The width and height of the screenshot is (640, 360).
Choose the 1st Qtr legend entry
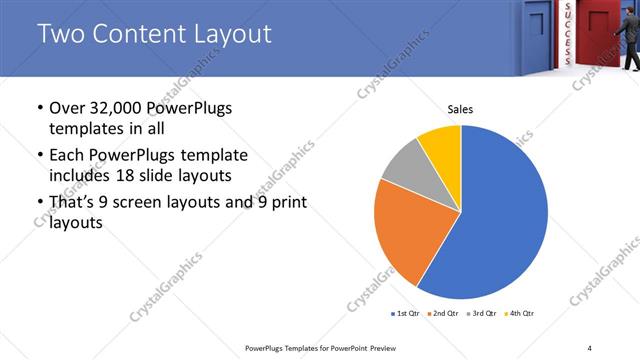[x=405, y=314]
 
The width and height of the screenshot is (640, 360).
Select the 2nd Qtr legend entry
[x=443, y=314]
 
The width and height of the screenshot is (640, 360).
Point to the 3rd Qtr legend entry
[x=482, y=314]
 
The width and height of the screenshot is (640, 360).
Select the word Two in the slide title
[x=58, y=35]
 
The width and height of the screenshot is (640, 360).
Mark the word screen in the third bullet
[x=147, y=203]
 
